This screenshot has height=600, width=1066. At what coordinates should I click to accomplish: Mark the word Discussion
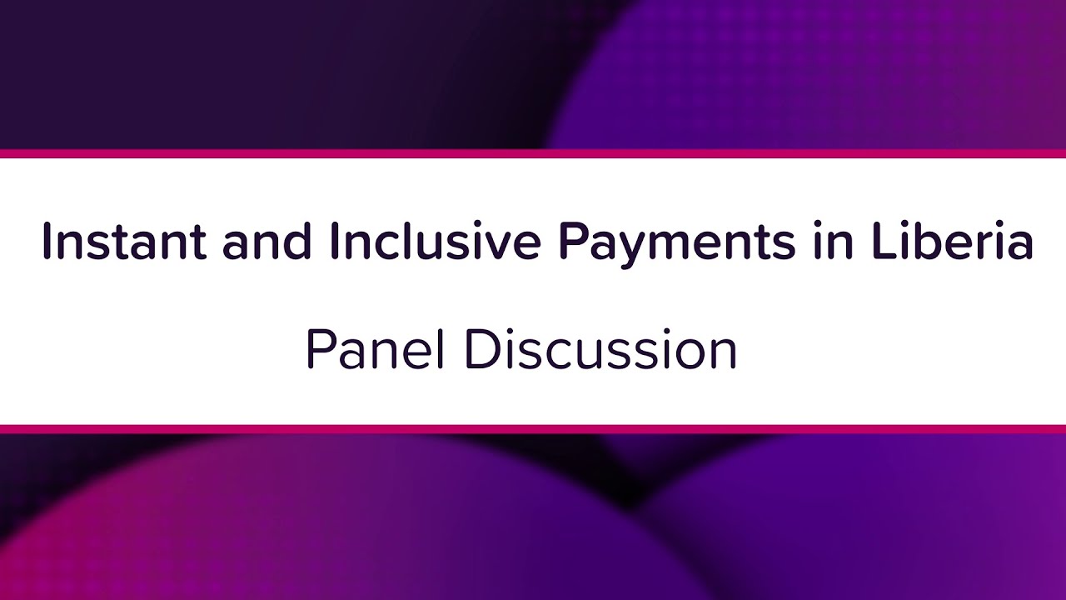(600, 349)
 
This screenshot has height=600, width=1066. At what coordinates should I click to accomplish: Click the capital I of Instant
(47, 242)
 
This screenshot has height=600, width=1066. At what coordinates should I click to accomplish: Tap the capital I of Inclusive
(335, 242)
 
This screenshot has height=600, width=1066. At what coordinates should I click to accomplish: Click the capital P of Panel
(319, 349)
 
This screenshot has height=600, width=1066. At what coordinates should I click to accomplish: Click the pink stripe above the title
(533, 153)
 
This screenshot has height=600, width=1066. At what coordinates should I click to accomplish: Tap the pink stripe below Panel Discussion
(533, 428)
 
